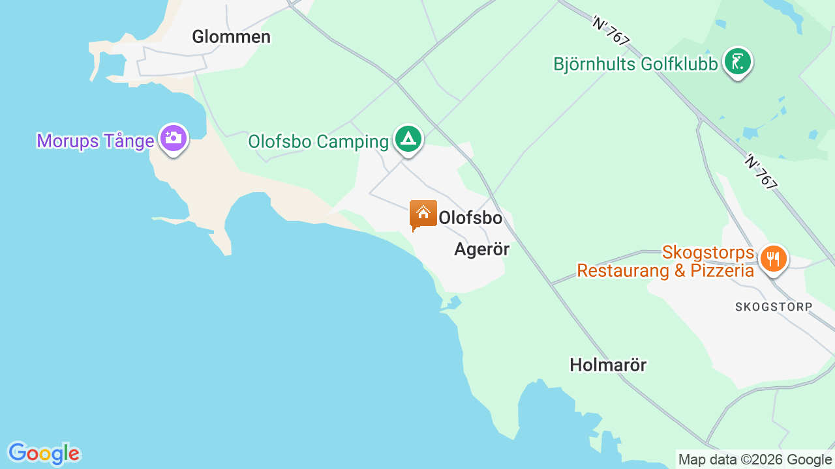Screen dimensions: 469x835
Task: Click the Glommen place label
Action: click(x=231, y=37)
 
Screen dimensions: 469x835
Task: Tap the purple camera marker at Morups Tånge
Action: click(x=173, y=138)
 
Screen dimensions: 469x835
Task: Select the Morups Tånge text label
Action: click(x=95, y=141)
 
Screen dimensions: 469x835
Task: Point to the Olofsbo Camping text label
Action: click(x=318, y=141)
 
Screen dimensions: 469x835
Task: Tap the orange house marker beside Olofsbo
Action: click(x=423, y=214)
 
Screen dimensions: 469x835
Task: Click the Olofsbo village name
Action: click(x=470, y=218)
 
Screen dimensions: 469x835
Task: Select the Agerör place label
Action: click(x=481, y=249)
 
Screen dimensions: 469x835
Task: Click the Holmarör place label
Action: click(x=608, y=365)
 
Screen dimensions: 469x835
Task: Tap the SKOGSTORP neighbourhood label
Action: click(x=774, y=307)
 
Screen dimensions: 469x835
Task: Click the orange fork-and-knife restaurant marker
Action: click(x=773, y=259)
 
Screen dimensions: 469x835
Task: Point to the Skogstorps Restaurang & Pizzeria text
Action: click(x=665, y=261)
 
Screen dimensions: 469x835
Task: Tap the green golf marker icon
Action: click(x=738, y=63)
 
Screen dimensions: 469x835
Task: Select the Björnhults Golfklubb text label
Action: click(x=635, y=64)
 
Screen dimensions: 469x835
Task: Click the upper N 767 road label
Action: click(x=611, y=31)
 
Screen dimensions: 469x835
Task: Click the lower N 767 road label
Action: click(x=761, y=171)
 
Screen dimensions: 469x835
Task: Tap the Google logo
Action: click(x=44, y=453)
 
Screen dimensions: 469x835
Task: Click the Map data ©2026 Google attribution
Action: click(x=755, y=460)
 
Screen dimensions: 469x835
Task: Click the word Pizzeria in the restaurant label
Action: click(x=721, y=270)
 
